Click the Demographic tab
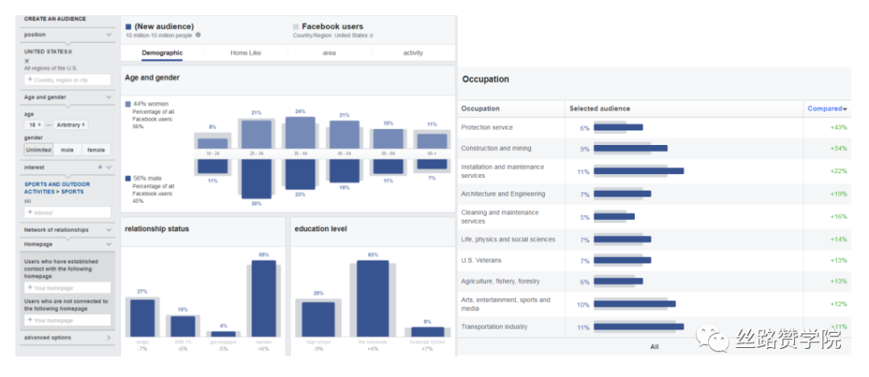(x=162, y=53)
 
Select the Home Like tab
(x=245, y=53)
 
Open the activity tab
(x=413, y=53)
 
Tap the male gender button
(x=68, y=150)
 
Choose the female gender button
(x=96, y=150)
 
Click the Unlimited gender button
(x=39, y=150)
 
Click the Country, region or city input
(x=68, y=80)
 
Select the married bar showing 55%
(x=263, y=298)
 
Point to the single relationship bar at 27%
(x=142, y=317)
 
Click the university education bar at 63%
(x=373, y=298)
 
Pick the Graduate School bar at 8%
(x=427, y=331)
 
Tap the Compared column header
(x=826, y=109)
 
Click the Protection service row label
(x=487, y=128)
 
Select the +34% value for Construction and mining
(x=839, y=148)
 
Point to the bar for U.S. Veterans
(x=621, y=260)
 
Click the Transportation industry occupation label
(x=494, y=327)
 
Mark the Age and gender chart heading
(x=152, y=78)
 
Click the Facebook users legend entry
(x=332, y=27)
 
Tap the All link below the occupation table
(x=654, y=346)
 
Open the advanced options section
(x=48, y=338)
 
